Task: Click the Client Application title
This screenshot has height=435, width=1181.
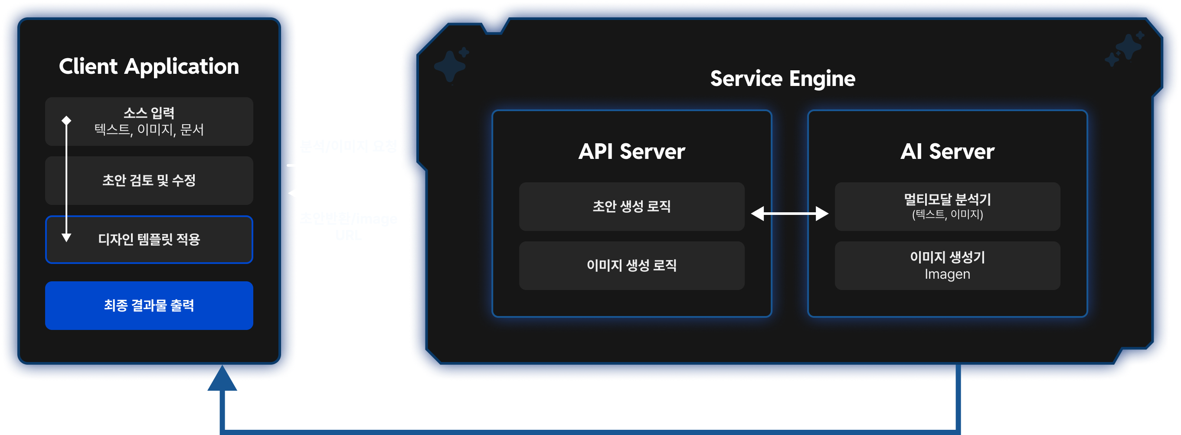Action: click(x=149, y=67)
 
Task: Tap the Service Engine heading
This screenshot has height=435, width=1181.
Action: click(x=782, y=79)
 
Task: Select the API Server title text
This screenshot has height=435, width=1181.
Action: click(x=631, y=152)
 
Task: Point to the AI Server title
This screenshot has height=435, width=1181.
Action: click(x=947, y=152)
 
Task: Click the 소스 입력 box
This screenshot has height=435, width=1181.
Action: click(x=149, y=121)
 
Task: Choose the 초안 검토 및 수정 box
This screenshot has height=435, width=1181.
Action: click(x=149, y=180)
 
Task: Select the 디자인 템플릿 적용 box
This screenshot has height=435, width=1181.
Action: click(x=149, y=240)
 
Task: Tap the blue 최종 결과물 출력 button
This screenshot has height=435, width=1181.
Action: click(x=149, y=306)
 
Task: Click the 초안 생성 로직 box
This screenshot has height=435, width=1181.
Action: click(x=631, y=207)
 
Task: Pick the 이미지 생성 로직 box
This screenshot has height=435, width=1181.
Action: click(x=631, y=266)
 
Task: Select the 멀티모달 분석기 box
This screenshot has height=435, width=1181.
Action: click(x=947, y=207)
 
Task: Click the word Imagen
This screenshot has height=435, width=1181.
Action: click(x=947, y=274)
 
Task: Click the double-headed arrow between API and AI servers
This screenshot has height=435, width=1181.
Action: click(x=789, y=213)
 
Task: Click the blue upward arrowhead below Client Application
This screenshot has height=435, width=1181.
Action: click(x=222, y=379)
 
